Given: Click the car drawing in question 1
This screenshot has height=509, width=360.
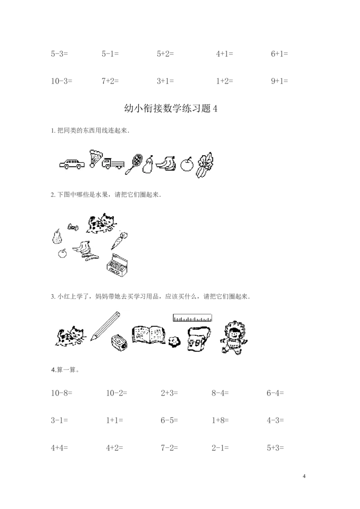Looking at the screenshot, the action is point(72,164).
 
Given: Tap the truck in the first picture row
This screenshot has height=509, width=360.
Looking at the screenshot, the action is point(113,163).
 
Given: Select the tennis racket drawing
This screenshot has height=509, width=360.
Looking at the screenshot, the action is point(133,164).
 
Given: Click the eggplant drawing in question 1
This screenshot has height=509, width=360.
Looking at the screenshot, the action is point(148,165).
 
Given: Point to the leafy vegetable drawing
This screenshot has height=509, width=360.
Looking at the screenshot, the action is point(205,165).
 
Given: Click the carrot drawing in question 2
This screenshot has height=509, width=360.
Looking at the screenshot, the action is point(119,240).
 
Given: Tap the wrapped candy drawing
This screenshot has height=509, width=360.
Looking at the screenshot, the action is point(72,227).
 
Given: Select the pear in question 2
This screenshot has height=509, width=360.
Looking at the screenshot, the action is point(57,236).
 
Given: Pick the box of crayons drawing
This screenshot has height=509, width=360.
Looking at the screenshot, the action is point(117,265).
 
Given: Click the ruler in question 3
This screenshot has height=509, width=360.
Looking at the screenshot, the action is point(192,318).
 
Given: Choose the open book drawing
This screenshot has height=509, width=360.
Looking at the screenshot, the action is point(148,335).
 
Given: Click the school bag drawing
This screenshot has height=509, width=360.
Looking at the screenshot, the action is point(198,339).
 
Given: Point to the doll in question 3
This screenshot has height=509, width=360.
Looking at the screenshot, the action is point(233,338).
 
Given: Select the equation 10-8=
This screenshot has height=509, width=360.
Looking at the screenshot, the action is point(61,393).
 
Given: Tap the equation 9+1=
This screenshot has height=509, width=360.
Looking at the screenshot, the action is point(279,81).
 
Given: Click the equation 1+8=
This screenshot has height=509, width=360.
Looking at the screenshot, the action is point(220,420).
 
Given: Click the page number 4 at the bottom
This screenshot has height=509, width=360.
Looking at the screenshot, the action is point(304,476).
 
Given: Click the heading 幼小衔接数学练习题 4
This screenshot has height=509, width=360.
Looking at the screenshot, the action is point(171,108).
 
